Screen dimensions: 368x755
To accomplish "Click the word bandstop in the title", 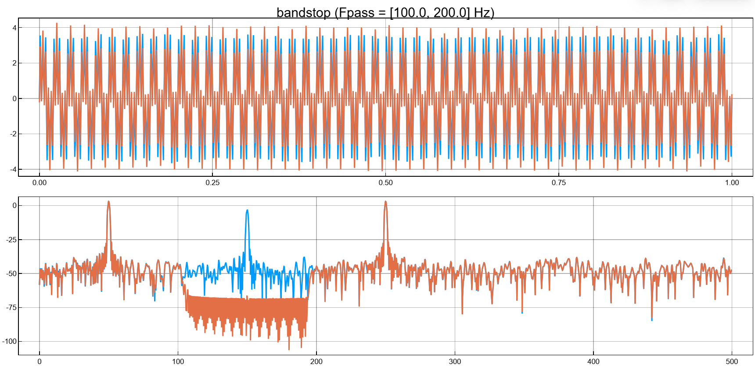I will (303, 13).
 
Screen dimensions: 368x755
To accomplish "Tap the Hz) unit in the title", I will (484, 13).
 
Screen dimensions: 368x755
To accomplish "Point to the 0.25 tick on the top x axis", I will (212, 182).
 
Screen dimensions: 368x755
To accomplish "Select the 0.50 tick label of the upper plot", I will (385, 182).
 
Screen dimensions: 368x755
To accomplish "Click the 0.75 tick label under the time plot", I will (558, 182).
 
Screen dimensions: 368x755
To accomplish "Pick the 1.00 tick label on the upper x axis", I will (732, 182).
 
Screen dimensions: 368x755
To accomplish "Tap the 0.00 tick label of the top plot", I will (40, 182).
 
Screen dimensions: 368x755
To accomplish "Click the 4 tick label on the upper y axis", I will (14, 28).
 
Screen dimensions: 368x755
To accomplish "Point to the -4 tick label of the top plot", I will (13, 169).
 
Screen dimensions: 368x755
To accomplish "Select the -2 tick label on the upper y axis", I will (13, 134).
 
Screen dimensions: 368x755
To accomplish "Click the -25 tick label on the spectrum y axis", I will (11, 240).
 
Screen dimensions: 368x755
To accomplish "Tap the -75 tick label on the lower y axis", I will (11, 307).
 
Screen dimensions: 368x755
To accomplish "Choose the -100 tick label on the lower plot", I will (10, 341).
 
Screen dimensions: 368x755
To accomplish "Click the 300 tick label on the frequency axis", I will (455, 361).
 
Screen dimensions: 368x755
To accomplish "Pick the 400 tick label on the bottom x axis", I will (593, 361).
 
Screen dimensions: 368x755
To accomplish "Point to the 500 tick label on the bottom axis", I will (732, 361).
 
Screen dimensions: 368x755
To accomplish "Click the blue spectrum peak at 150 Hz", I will (248, 211).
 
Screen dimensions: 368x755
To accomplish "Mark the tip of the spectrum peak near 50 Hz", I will (108, 202).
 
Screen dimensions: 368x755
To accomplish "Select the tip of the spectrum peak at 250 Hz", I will (385, 202).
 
